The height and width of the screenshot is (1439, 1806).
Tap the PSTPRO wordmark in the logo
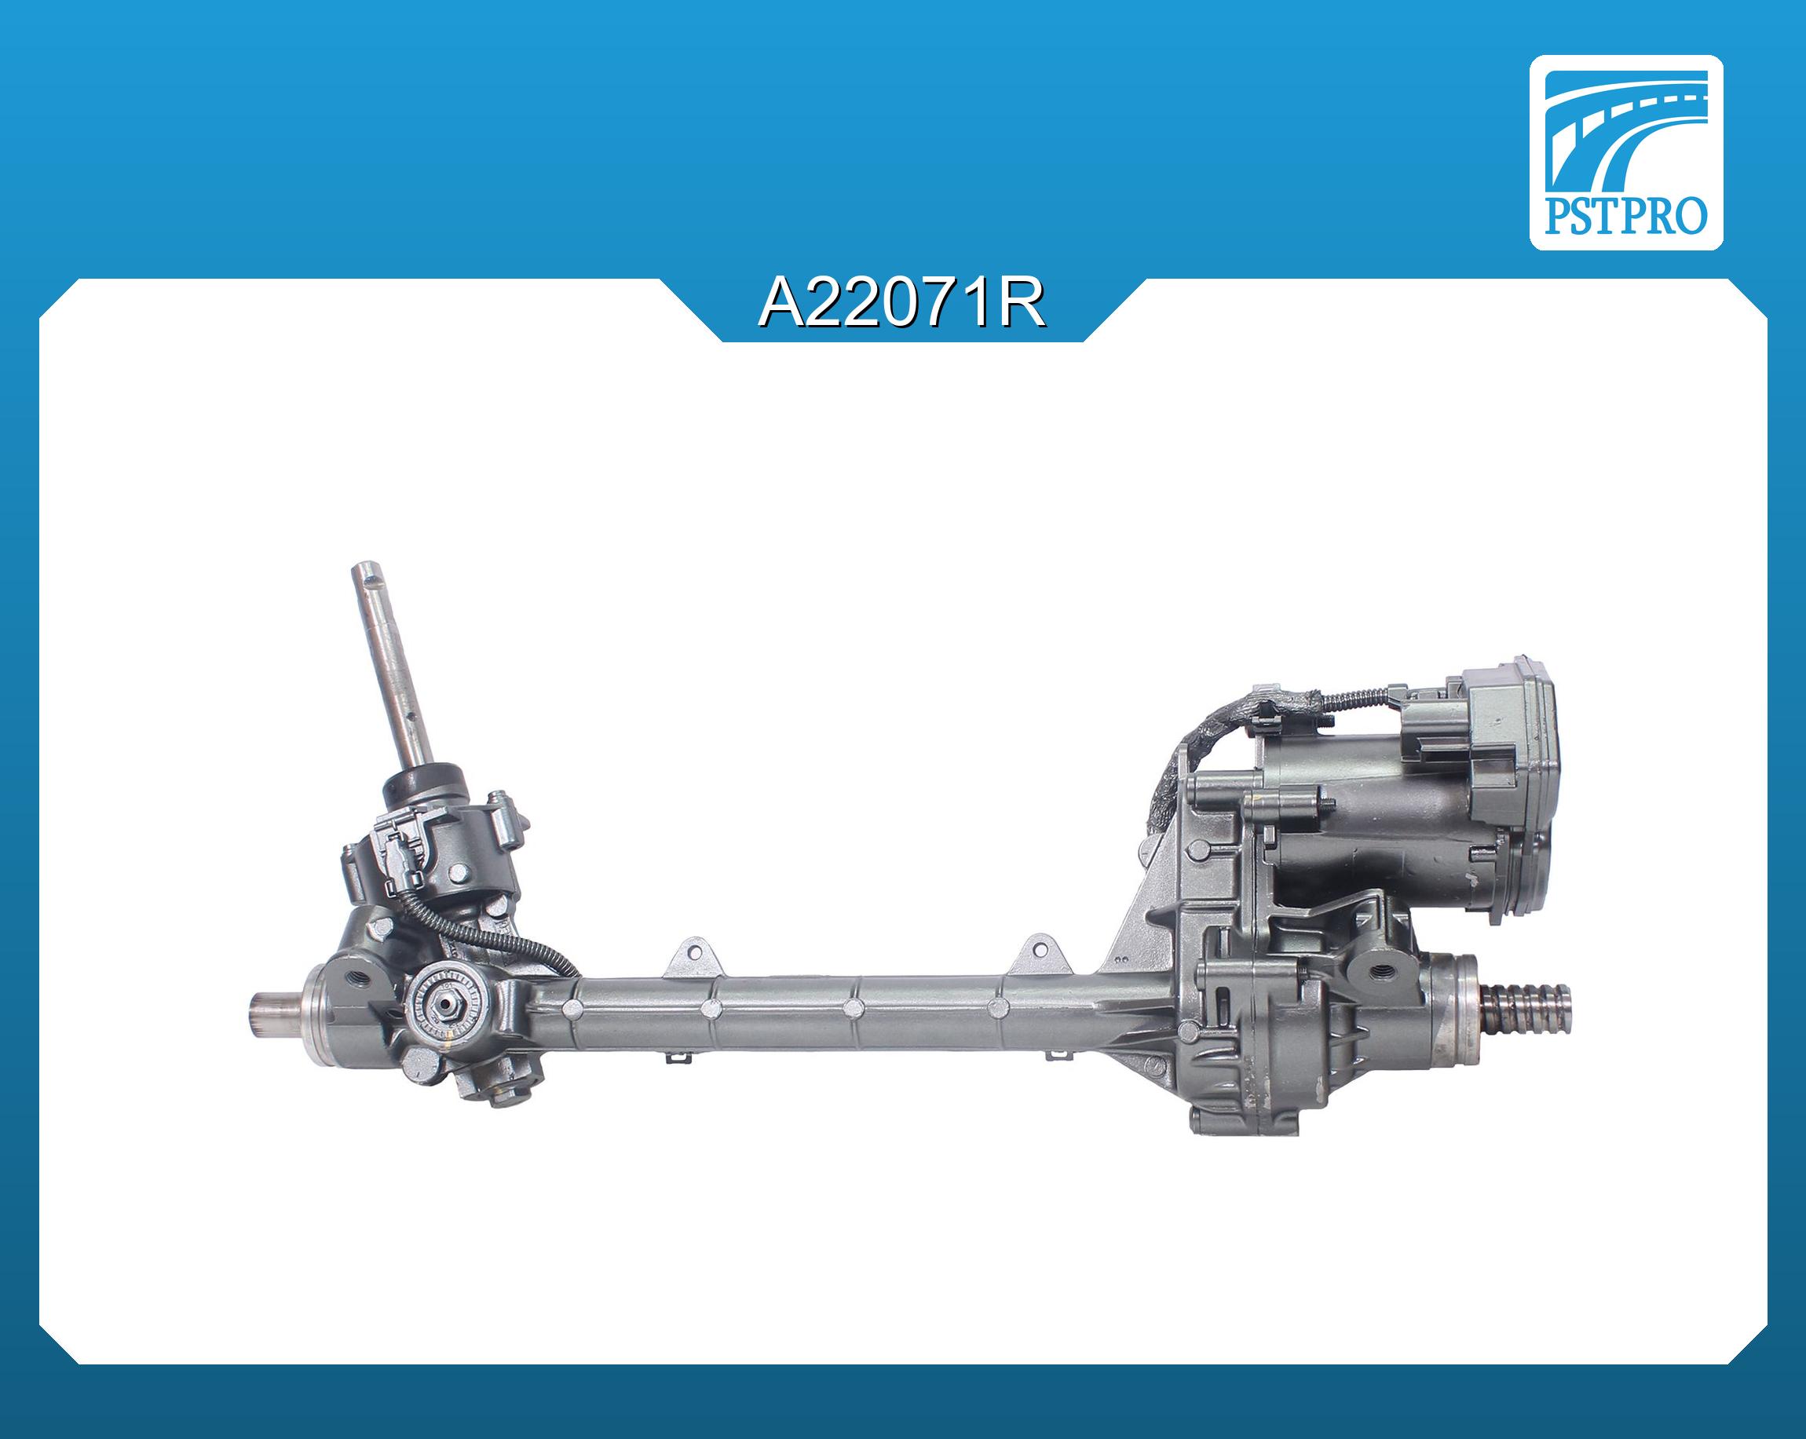(1625, 216)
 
